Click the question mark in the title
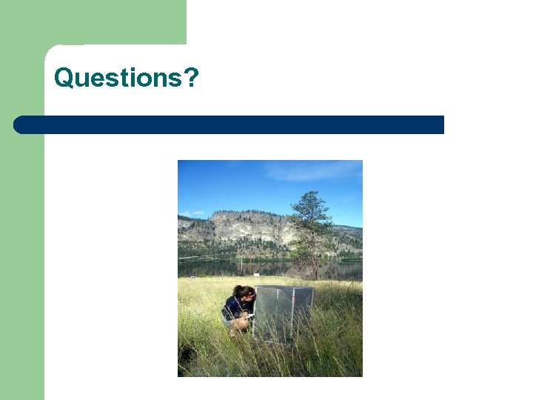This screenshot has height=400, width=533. pos(191,77)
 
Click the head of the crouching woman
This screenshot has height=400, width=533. pos(244,293)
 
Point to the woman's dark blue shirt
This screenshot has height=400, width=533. pos(234,307)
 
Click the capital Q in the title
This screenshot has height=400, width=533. pos(64,77)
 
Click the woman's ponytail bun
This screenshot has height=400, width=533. pos(236,290)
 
